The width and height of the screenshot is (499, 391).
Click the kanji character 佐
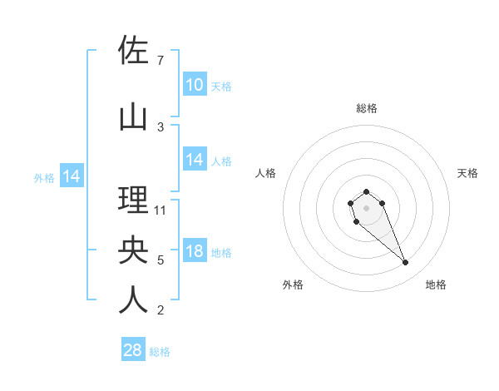coord(133,50)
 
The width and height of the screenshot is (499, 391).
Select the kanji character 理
coord(133,200)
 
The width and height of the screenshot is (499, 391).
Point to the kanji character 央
coord(133,250)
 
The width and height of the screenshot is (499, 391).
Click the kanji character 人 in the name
coord(133,300)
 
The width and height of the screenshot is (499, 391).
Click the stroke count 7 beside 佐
coord(161,61)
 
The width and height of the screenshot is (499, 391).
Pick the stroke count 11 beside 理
coord(161,210)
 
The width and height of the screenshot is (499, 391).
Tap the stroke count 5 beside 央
coord(161,260)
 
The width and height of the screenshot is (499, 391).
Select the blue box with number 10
coord(195,85)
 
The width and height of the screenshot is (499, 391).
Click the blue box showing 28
coord(133,350)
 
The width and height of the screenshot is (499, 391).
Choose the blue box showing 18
coord(195,251)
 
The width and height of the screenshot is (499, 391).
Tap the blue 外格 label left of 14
coord(44,177)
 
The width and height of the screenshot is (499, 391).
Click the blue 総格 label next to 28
coord(160,352)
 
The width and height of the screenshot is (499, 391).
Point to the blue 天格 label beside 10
coord(221,87)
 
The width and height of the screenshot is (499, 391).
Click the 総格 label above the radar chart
coord(367,108)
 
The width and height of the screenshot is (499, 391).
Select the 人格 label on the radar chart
coord(266,173)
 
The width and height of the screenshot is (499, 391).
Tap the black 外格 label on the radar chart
coord(293,285)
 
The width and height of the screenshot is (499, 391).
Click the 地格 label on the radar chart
coord(436,285)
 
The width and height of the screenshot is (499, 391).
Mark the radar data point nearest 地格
coord(405,263)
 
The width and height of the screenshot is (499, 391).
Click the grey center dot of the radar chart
coord(366,207)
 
